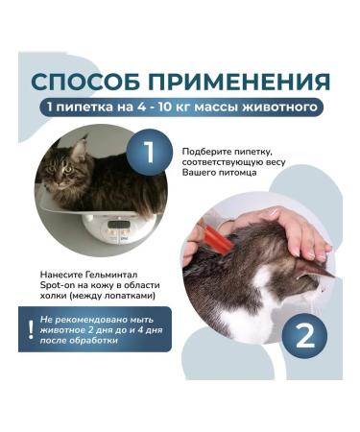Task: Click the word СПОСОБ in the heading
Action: [x=91, y=79]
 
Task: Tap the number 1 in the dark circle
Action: [x=149, y=151]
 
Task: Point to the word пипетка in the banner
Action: [x=92, y=105]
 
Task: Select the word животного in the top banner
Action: [x=276, y=105]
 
